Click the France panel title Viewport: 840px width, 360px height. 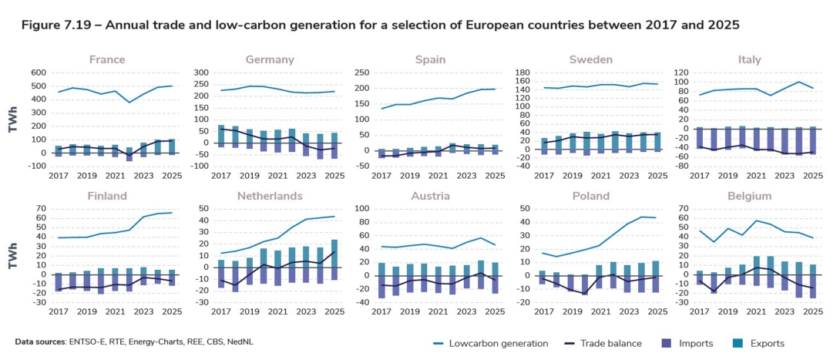(x=106, y=59)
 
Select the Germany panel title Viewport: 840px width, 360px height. (x=269, y=59)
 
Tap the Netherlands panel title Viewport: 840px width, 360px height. (x=269, y=196)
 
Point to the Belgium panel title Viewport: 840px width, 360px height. (x=750, y=196)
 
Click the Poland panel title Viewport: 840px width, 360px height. (x=591, y=196)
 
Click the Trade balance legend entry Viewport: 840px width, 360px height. (x=624, y=343)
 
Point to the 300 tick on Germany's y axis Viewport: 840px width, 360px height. (x=200, y=72)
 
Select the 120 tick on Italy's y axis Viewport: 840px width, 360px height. (x=681, y=72)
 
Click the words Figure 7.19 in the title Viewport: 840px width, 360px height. (x=57, y=25)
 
